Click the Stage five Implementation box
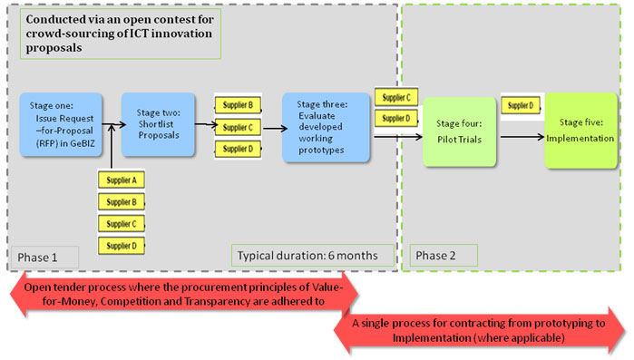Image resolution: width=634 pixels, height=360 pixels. point(586,131)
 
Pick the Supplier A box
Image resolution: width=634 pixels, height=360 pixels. point(122,180)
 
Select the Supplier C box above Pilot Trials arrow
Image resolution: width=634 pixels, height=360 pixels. point(396,97)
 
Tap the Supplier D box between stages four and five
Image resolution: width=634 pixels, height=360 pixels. point(521,105)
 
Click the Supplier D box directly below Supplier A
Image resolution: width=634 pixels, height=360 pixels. point(122,245)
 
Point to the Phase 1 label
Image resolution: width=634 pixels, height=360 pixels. point(38,258)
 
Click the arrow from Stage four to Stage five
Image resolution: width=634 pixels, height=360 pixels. point(522,137)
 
